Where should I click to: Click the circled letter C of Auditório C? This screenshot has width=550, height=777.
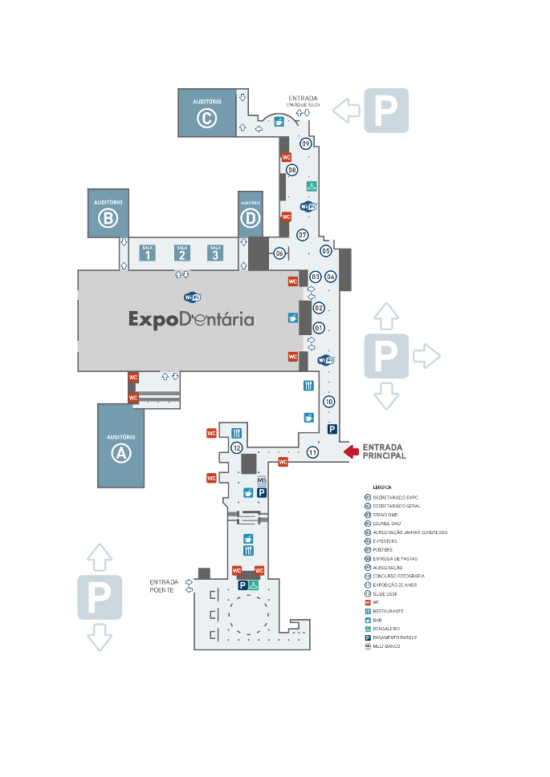click(x=206, y=119)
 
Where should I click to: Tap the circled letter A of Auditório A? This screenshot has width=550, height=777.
click(x=121, y=453)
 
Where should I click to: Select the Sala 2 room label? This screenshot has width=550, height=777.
click(x=182, y=253)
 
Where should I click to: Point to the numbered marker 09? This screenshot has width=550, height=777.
click(x=306, y=144)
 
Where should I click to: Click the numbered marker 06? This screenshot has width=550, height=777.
click(x=279, y=253)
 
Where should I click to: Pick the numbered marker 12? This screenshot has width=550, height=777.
click(x=237, y=447)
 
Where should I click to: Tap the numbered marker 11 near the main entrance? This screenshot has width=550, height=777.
click(x=312, y=452)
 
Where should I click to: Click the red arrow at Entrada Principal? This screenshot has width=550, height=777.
click(x=351, y=452)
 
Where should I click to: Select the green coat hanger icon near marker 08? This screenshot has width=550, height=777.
click(x=312, y=186)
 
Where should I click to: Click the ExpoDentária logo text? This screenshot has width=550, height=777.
click(x=191, y=319)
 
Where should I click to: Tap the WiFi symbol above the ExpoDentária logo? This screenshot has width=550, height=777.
click(x=193, y=297)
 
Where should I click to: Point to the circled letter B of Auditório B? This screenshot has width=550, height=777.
click(x=108, y=218)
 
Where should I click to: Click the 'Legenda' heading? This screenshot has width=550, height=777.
click(x=381, y=487)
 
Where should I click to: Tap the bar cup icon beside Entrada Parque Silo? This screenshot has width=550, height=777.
click(x=279, y=122)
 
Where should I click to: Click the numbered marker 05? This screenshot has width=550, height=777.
click(x=326, y=251)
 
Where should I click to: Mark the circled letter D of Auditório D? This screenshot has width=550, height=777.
click(x=251, y=218)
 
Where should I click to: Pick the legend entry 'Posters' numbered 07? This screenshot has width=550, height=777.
click(x=382, y=550)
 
